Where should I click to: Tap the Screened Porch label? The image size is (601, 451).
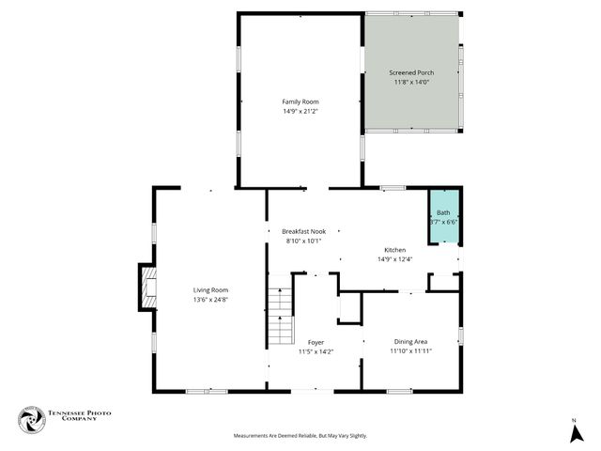(x=410, y=72)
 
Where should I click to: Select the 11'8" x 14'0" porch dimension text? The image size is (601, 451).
(x=410, y=82)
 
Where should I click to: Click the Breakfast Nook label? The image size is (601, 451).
(x=302, y=231)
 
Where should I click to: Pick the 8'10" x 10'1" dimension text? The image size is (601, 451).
(x=302, y=241)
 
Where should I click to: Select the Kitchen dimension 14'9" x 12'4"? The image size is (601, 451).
(x=394, y=259)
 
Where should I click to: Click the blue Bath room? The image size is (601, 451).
(x=443, y=218)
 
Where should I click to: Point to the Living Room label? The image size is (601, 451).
(x=210, y=290)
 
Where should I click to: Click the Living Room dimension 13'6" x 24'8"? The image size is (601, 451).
(x=210, y=300)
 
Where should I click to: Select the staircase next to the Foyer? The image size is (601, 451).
(x=281, y=317)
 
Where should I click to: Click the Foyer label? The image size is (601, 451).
(x=316, y=343)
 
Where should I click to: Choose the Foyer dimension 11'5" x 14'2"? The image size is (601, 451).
(x=316, y=352)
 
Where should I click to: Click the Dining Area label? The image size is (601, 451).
(x=411, y=341)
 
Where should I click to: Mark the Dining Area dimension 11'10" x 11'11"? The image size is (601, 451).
(x=411, y=350)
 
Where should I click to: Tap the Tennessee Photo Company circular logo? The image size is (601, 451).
(x=32, y=421)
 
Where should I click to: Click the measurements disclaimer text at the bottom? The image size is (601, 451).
(x=300, y=436)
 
